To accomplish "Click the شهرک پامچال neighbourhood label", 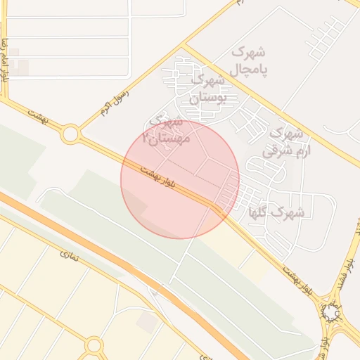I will coord(249,61).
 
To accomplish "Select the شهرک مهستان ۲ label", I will coord(165,131).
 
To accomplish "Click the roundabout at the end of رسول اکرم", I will coord(70,134).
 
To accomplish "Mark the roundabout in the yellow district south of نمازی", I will coord(94,345).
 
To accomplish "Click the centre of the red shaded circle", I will coord(180,179).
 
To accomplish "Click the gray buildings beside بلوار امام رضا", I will coord(19,66).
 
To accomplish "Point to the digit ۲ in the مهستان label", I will coord(146,139).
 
